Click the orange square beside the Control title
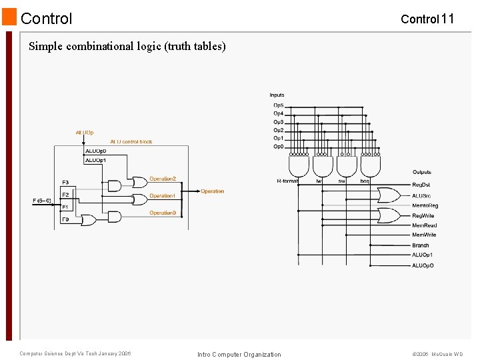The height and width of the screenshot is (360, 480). point(9,17)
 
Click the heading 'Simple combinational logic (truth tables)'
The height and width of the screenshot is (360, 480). point(127,46)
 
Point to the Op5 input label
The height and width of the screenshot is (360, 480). point(278,105)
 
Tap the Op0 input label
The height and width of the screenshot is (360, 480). point(278,147)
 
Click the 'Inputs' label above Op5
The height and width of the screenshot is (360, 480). point(277,95)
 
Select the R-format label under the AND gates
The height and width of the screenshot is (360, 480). point(287,181)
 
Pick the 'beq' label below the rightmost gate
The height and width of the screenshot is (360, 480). point(365,181)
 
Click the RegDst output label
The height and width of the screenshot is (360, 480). point(421,185)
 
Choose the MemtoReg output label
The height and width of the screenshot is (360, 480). point(425,205)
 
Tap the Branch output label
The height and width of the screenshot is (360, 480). point(421,245)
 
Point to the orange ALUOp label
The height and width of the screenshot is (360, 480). point(85,133)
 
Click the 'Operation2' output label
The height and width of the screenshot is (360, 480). point(163,179)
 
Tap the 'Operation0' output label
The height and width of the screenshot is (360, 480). point(163,213)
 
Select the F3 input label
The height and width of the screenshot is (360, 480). point(65,182)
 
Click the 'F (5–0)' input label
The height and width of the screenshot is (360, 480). point(42,200)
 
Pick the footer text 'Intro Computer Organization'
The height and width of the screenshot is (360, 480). point(239,354)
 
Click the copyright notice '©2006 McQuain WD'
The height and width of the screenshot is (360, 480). point(437,354)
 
